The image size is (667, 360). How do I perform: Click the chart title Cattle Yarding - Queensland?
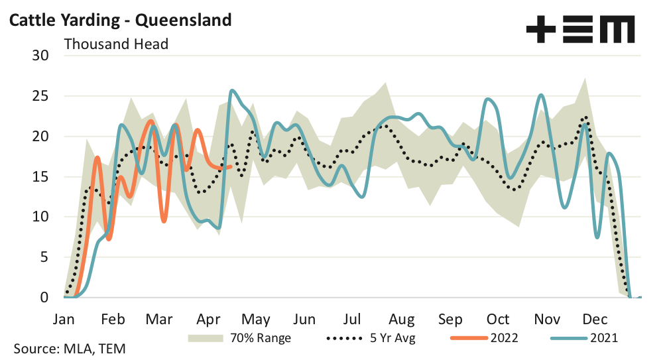pos(120,20)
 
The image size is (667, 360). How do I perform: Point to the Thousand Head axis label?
pos(116,44)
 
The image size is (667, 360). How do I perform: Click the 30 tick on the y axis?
pos(41,56)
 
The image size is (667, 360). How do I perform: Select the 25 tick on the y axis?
pos(41,96)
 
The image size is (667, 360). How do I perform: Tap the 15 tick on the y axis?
pos(41,177)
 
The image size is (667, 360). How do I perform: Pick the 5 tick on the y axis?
pos(45,257)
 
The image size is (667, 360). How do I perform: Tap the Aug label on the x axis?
pos(402,318)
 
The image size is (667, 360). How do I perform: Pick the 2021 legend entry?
pos(602,338)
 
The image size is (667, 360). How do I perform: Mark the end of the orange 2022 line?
pos(231,166)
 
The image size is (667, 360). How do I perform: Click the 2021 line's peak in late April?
pos(231,91)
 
